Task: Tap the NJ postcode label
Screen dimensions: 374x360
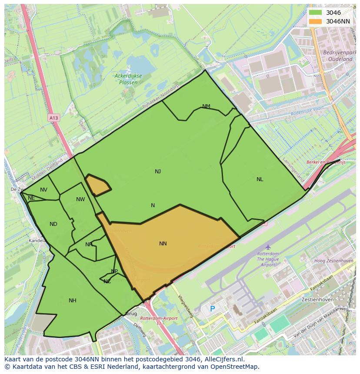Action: [x=158, y=172]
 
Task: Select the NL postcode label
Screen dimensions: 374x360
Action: [x=260, y=179]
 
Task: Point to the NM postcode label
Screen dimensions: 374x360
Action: [x=206, y=106]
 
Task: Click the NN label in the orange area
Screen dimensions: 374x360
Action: [x=163, y=244]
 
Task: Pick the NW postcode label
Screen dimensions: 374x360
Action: [x=80, y=199]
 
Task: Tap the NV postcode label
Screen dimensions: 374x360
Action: [x=43, y=190]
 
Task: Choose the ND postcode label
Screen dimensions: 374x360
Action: [x=53, y=224]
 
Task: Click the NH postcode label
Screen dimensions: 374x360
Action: [x=72, y=301]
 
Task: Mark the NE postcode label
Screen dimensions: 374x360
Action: [x=31, y=198]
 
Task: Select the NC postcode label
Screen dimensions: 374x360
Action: [x=107, y=281]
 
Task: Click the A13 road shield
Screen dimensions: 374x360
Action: [x=53, y=118]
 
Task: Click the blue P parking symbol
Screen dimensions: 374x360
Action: [x=212, y=309]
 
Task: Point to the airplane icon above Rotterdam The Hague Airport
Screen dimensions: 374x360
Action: [x=268, y=247]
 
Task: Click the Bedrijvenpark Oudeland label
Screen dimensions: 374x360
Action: [x=334, y=55]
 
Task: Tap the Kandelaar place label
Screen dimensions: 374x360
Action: [x=37, y=240]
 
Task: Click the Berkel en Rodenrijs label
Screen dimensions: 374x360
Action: [x=325, y=162]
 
